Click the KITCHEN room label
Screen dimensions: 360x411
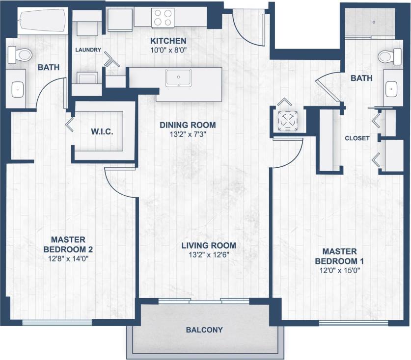tap(168, 41)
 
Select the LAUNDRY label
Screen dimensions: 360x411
tap(88, 50)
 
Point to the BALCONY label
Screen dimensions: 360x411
tap(204, 330)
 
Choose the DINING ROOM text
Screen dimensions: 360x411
tap(188, 125)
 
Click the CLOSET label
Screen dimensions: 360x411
tap(357, 138)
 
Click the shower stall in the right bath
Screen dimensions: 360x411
tap(369, 22)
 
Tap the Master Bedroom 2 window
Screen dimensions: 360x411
tap(57, 322)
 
